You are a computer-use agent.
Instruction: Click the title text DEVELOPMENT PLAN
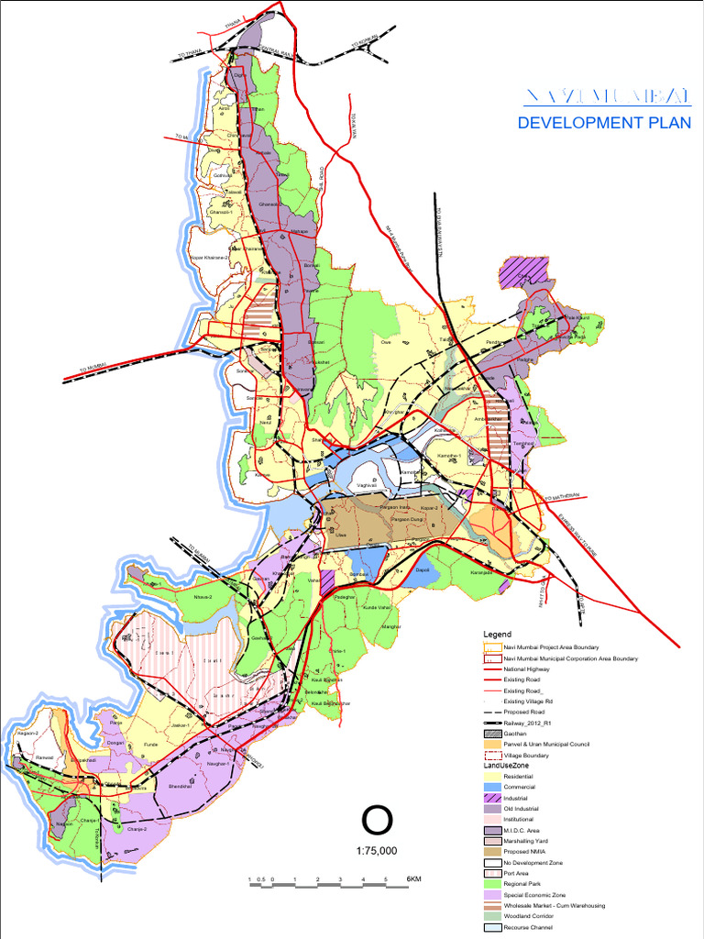(x=605, y=123)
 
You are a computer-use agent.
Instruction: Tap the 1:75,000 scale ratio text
(x=377, y=851)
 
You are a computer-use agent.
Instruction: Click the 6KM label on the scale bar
(x=413, y=880)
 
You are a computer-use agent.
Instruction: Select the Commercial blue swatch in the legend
(x=493, y=787)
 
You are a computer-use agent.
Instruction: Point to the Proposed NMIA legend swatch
(x=493, y=852)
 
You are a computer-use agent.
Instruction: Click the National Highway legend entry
(x=528, y=669)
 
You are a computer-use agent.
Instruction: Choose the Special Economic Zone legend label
(x=535, y=895)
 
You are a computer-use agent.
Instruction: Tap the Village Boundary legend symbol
(x=493, y=755)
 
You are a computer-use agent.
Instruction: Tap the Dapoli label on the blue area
(x=423, y=570)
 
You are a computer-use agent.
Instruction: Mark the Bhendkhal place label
(x=180, y=786)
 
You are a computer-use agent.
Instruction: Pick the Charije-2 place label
(x=137, y=828)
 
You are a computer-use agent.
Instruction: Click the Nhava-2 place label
(x=203, y=597)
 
